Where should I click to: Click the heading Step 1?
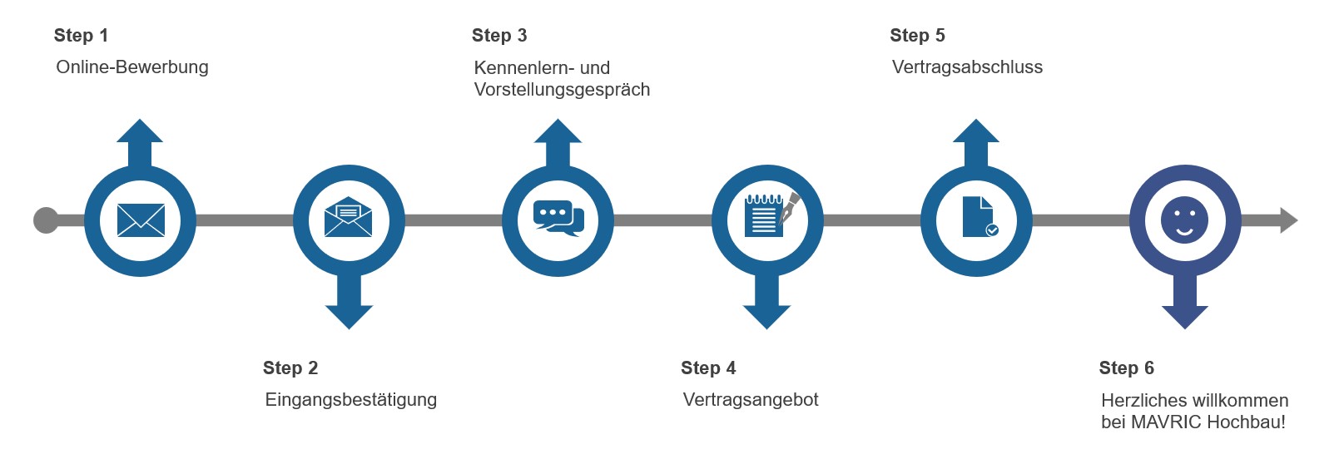(81, 36)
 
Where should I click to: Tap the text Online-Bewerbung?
(131, 67)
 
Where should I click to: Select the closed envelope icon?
(141, 220)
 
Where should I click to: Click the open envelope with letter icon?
(348, 218)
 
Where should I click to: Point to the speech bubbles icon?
(558, 219)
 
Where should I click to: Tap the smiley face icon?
(1184, 220)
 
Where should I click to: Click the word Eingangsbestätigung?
(350, 400)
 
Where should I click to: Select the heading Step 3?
(498, 36)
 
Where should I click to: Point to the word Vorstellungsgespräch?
(562, 90)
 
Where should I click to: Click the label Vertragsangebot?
(750, 400)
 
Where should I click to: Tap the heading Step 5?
(917, 36)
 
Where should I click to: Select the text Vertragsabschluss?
(967, 67)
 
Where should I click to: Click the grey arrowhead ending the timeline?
(1288, 220)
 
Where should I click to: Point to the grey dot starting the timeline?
(46, 220)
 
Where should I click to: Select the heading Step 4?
(708, 368)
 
